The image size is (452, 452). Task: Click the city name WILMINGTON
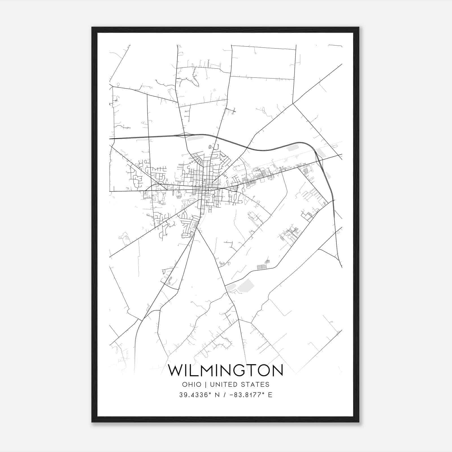pos(225,370)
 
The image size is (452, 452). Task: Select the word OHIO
pos(192,384)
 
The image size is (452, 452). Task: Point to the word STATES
pos(255,384)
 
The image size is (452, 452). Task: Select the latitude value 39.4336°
pos(195,395)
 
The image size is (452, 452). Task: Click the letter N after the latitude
pos(217,395)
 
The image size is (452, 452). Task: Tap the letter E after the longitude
pos(270,395)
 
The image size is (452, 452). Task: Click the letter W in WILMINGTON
pos(176,370)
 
